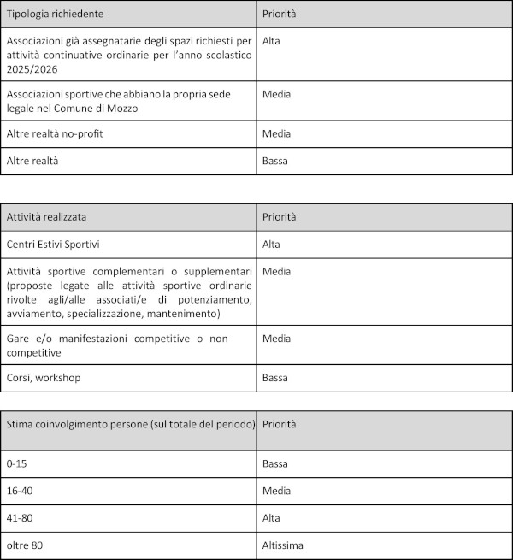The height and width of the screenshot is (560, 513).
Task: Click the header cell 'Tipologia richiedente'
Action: [56, 15]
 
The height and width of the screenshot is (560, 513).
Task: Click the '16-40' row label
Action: [21, 490]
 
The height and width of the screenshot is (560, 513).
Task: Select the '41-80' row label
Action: [21, 517]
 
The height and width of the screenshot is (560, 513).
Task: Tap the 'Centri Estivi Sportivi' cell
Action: [53, 245]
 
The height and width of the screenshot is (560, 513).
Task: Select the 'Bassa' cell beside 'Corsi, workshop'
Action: [275, 377]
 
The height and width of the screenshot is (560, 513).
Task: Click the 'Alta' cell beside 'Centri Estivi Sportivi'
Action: [272, 245]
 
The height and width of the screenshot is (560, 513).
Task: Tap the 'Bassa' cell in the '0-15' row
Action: [275, 463]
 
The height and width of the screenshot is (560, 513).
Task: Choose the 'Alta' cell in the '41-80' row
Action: [272, 517]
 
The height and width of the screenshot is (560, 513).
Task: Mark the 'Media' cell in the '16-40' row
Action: [277, 490]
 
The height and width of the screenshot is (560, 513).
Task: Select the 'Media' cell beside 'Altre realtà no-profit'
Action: [277, 133]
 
